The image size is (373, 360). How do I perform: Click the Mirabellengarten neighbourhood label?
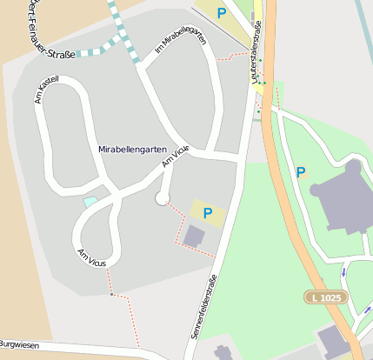[132, 150]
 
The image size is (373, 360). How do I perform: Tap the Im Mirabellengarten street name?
[181, 42]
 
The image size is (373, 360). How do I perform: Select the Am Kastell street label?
[45, 87]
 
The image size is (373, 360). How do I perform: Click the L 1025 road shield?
[326, 297]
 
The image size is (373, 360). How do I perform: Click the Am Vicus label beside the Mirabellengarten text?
[175, 157]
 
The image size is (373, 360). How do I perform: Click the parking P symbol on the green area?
[301, 172]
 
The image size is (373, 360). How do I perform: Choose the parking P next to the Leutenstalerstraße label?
[222, 13]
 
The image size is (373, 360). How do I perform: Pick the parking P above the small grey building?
[207, 212]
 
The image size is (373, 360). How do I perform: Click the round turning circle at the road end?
[162, 199]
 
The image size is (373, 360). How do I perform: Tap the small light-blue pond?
[90, 202]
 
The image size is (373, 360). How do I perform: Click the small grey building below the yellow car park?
[194, 235]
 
